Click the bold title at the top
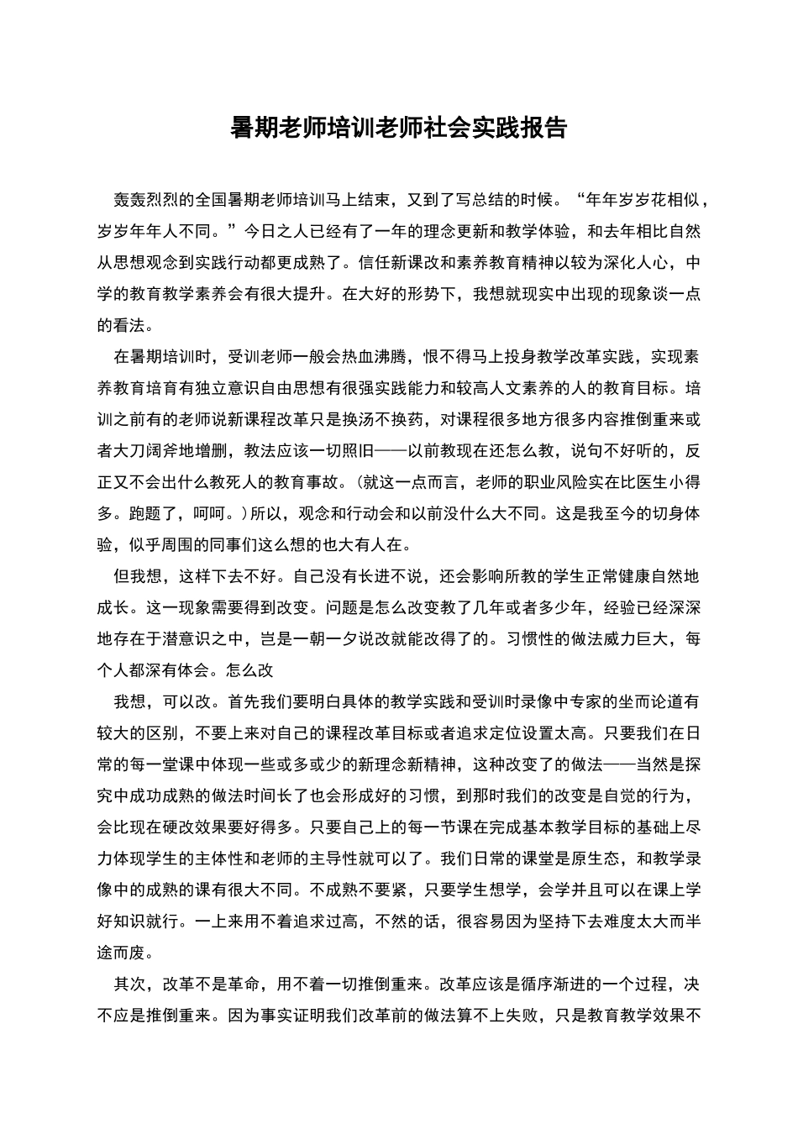399,128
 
